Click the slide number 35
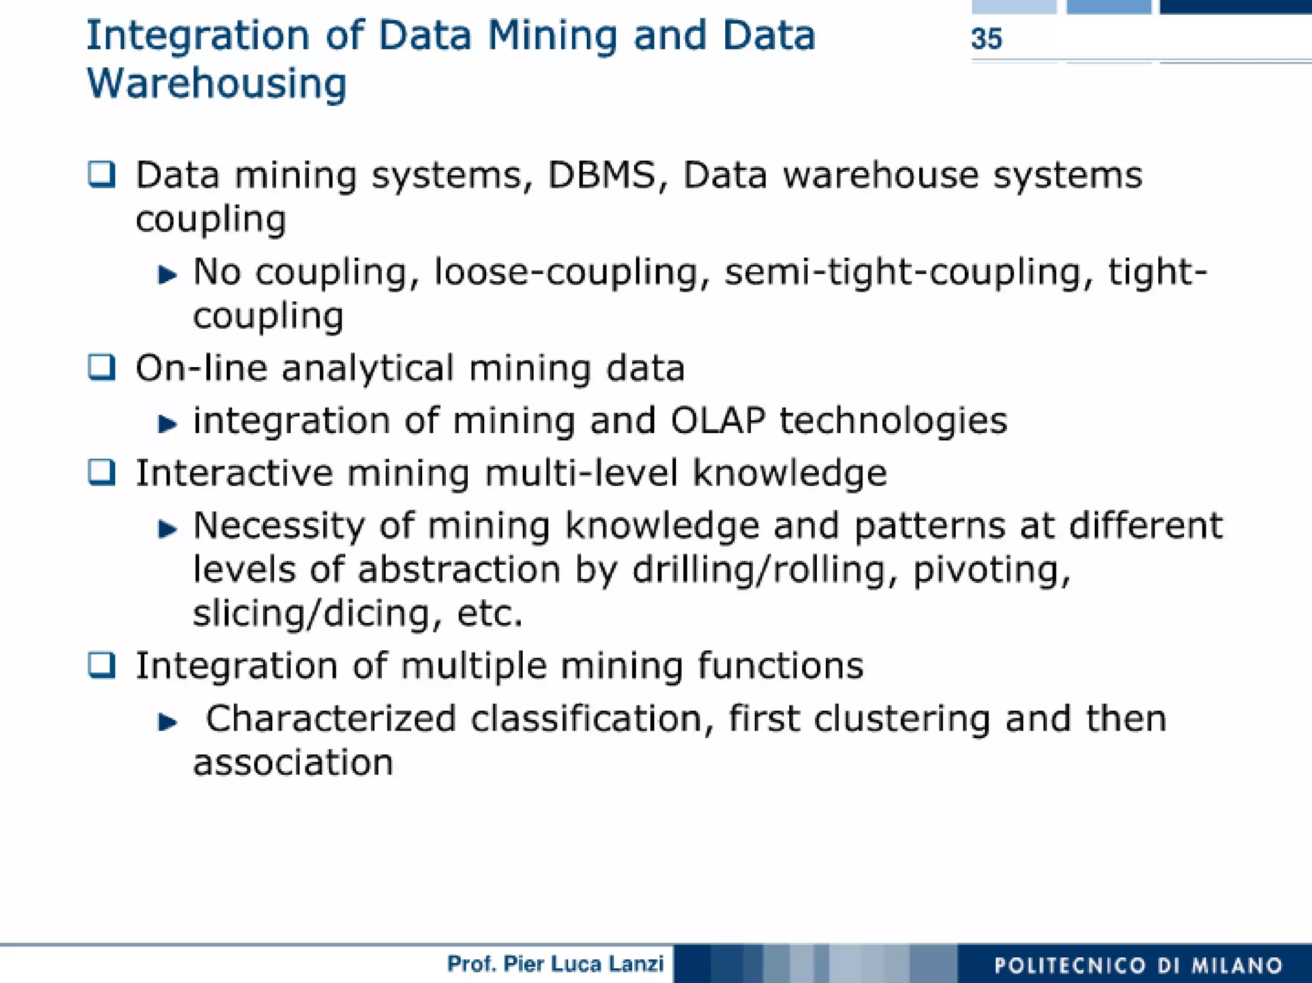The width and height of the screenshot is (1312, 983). pyautogui.click(x=986, y=39)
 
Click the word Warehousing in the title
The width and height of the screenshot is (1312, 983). pyautogui.click(x=217, y=84)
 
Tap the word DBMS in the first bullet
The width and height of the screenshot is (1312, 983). pyautogui.click(x=602, y=175)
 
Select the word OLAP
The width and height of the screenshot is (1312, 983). pyautogui.click(x=717, y=421)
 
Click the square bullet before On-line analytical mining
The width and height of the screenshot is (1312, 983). pyautogui.click(x=102, y=367)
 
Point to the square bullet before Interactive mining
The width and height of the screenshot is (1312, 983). pyautogui.click(x=102, y=473)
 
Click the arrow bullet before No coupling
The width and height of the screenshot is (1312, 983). pyautogui.click(x=167, y=275)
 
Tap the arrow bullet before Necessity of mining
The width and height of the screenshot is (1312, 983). pyautogui.click(x=167, y=529)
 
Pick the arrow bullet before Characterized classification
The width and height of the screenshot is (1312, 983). pyautogui.click(x=167, y=722)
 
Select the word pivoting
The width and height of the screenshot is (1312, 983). pyautogui.click(x=990, y=570)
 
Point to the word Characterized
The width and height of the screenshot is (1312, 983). pyautogui.click(x=331, y=718)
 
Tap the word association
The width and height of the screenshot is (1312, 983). pyautogui.click(x=293, y=763)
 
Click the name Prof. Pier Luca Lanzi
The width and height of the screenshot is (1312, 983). pyautogui.click(x=555, y=964)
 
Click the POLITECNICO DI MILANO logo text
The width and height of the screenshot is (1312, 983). pyautogui.click(x=1138, y=965)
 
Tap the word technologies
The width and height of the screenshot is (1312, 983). pyautogui.click(x=893, y=421)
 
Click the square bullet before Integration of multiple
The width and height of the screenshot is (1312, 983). pyautogui.click(x=102, y=665)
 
